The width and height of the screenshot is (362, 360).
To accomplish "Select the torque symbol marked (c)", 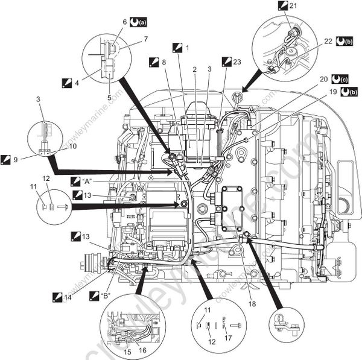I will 343,78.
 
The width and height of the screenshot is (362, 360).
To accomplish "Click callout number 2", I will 194,69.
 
